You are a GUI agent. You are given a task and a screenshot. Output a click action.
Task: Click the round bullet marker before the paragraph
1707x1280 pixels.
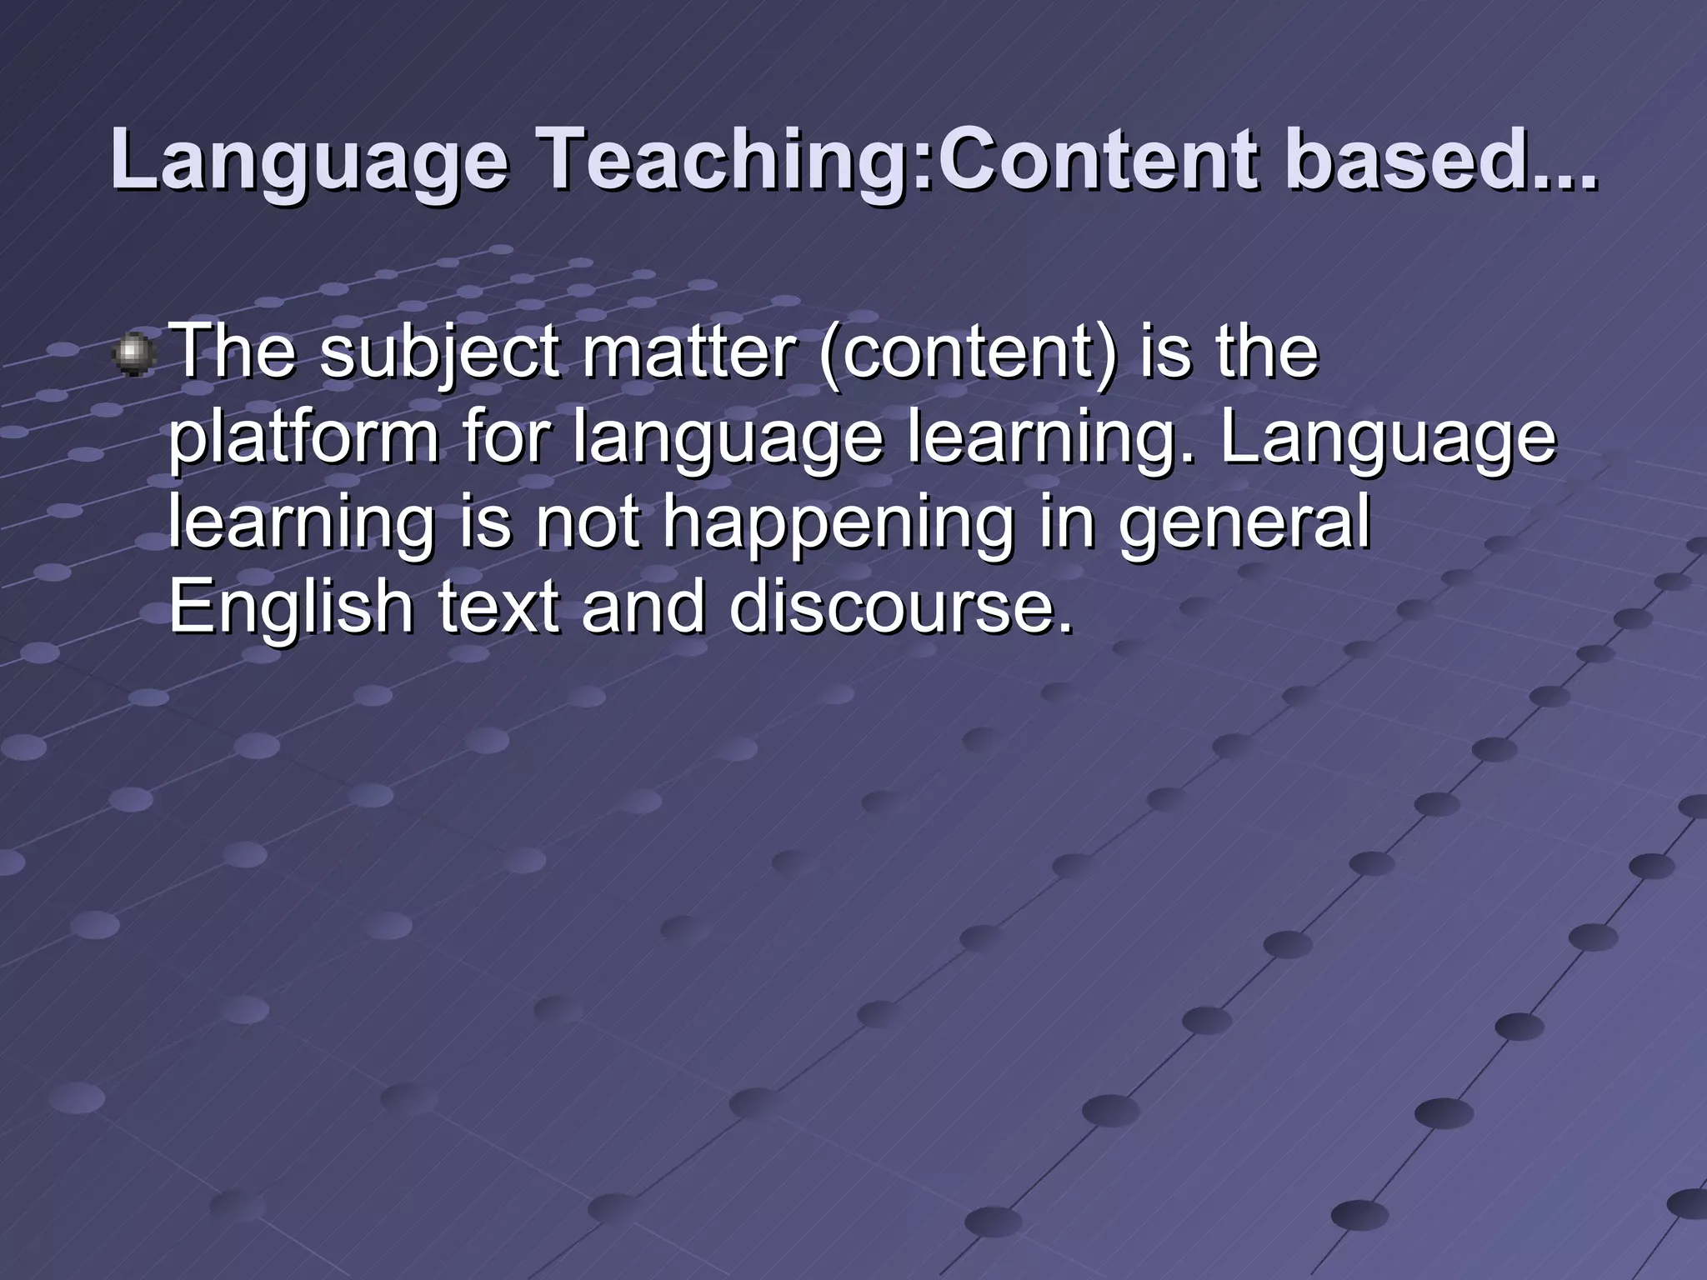[x=133, y=355]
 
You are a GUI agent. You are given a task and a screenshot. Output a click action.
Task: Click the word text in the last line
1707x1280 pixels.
[x=498, y=605]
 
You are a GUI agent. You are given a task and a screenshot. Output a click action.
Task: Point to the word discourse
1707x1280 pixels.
[x=900, y=605]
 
